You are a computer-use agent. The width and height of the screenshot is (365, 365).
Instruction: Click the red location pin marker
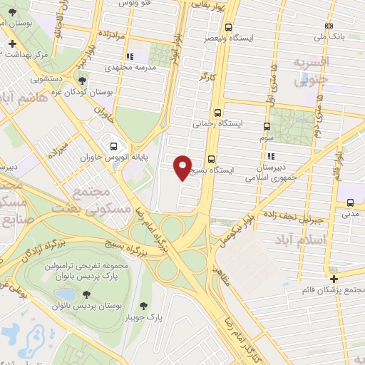click(x=183, y=168)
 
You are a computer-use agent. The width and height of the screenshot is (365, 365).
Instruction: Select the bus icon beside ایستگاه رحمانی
click(x=217, y=112)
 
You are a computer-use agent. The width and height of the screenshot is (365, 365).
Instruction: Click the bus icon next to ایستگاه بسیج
click(x=211, y=159)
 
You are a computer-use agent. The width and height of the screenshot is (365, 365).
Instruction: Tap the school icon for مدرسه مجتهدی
click(x=128, y=56)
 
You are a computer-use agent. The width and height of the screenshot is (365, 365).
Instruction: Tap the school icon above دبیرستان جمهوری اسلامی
click(x=270, y=156)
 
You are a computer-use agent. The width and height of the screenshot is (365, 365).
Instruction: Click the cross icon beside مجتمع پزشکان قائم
click(x=333, y=277)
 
